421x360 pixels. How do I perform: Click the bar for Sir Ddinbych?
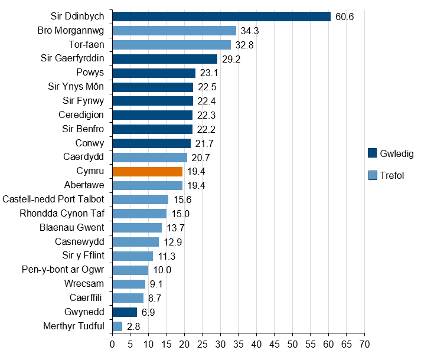tap(221, 17)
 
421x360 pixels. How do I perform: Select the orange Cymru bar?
tap(147, 172)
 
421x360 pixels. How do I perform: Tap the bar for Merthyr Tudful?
tap(117, 326)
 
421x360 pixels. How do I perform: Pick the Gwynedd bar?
tap(125, 312)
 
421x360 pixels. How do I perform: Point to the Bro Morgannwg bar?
tap(174, 31)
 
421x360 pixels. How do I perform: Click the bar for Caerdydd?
tap(149, 158)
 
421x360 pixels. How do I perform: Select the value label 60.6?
tap(344, 17)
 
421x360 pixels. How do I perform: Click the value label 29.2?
tap(231, 59)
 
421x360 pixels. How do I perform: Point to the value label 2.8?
tap(133, 326)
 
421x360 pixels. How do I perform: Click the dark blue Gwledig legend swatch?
tap(372, 153)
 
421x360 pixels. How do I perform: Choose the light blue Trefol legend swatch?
tap(372, 175)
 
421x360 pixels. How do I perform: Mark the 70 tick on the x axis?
tap(364, 342)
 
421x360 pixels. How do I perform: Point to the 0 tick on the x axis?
tap(112, 342)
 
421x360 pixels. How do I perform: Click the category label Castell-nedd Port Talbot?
tap(54, 199)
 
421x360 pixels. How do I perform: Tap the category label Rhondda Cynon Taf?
tap(62, 214)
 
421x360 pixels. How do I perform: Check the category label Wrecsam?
tap(84, 284)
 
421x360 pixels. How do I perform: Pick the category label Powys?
tap(90, 73)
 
